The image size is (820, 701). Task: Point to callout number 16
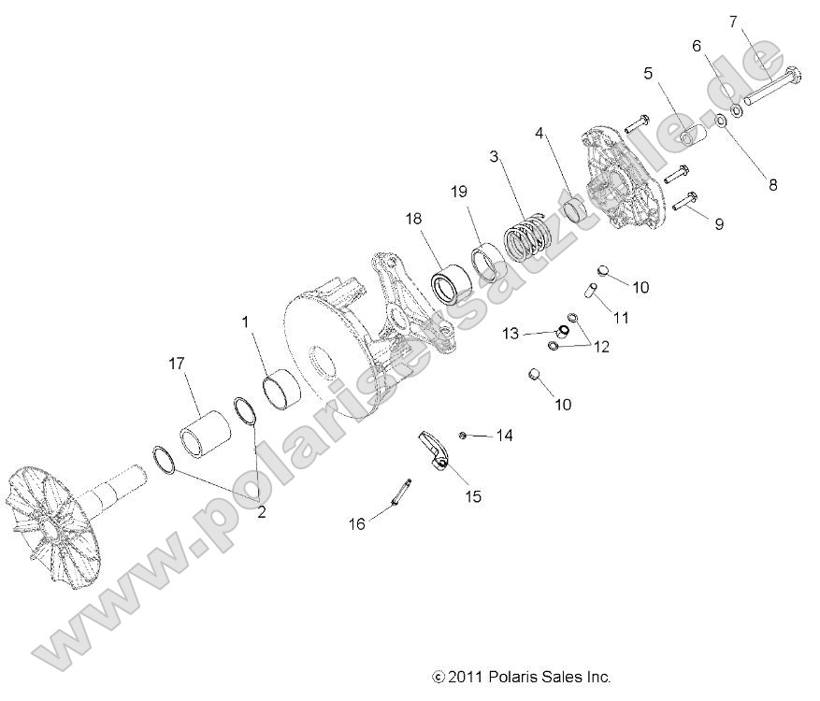pos(358,525)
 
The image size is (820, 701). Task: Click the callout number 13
pos(510,334)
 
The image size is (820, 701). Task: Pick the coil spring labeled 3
pos(530,237)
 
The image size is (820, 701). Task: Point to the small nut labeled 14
pos(463,435)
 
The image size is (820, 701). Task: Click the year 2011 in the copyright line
pos(467,676)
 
